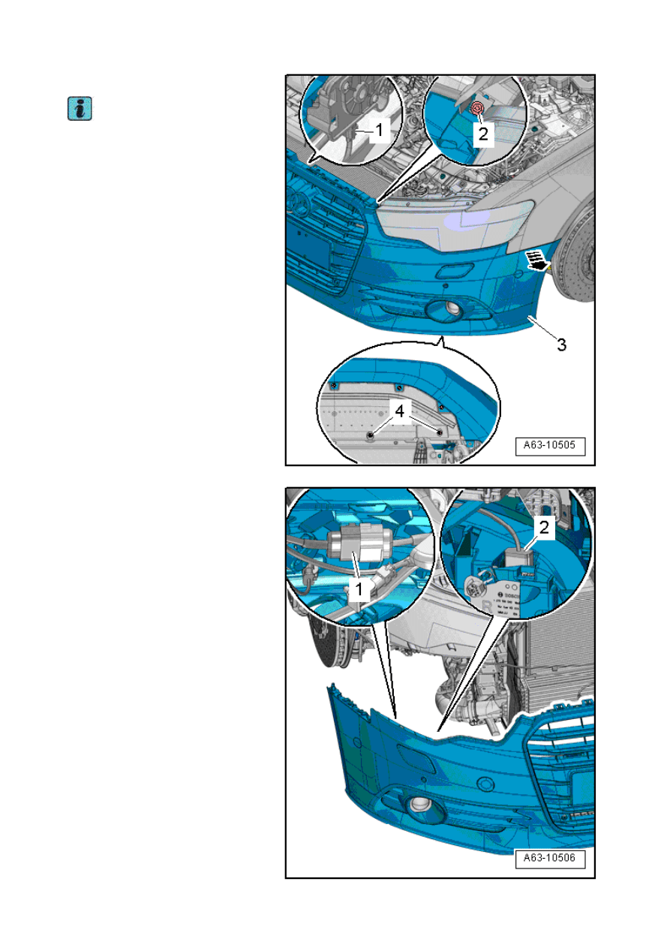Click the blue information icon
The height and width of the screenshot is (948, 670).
pyautogui.click(x=79, y=109)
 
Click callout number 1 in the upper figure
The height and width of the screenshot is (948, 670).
pyautogui.click(x=379, y=131)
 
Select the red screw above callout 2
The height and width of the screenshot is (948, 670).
pyautogui.click(x=476, y=110)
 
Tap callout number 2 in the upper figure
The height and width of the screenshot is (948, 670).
pyautogui.click(x=484, y=134)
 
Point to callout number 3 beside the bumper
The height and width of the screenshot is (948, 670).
pyautogui.click(x=560, y=345)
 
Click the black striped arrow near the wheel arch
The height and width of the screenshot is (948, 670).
pyautogui.click(x=537, y=259)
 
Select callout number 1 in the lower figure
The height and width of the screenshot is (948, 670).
pyautogui.click(x=359, y=590)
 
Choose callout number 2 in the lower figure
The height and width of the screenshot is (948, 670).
pyautogui.click(x=545, y=528)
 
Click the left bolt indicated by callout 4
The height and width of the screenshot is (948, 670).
pyautogui.click(x=370, y=435)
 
